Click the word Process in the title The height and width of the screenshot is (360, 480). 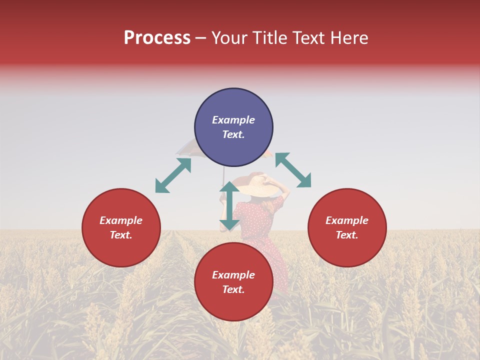[157, 38]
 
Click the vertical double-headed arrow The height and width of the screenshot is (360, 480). [229, 206]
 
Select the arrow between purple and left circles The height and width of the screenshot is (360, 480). [173, 175]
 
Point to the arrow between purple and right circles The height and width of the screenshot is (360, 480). [293, 170]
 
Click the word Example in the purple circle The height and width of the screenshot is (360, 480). [233, 120]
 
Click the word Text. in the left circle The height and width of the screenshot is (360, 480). [121, 235]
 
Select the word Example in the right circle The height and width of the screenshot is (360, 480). [347, 220]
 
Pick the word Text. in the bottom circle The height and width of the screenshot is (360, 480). [233, 289]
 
